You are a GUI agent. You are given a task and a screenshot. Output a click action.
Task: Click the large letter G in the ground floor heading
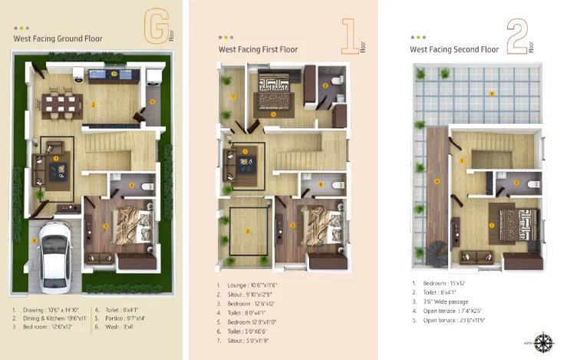[157, 30]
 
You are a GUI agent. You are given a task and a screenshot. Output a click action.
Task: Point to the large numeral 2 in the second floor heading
[515, 37]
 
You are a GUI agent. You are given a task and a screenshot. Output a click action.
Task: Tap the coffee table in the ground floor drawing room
[56, 169]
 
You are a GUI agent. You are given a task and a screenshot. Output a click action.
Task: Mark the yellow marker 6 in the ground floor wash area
[153, 101]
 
